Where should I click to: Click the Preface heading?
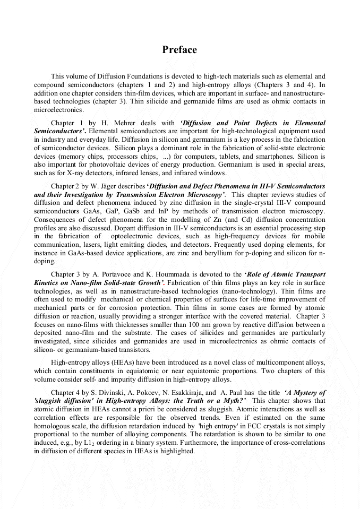click(x=179, y=50)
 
